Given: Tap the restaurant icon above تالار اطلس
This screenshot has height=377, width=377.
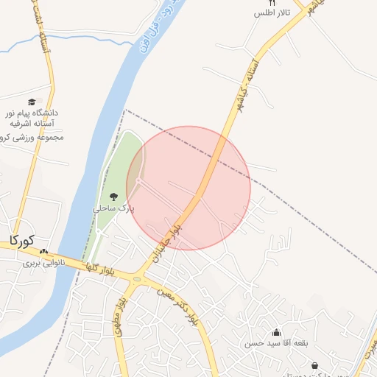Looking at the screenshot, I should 272,3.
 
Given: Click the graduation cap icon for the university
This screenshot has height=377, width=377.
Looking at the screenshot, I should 32,102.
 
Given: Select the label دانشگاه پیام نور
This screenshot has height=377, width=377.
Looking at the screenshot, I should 32,114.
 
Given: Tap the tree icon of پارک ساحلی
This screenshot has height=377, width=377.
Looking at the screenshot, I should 113,196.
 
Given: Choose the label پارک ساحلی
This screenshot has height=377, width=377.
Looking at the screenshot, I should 114,208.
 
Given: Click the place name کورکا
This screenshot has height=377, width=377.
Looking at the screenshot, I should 23,240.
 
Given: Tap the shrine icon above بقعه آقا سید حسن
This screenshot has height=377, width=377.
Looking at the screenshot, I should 276,332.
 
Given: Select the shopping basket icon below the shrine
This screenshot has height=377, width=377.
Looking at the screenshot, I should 315,366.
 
